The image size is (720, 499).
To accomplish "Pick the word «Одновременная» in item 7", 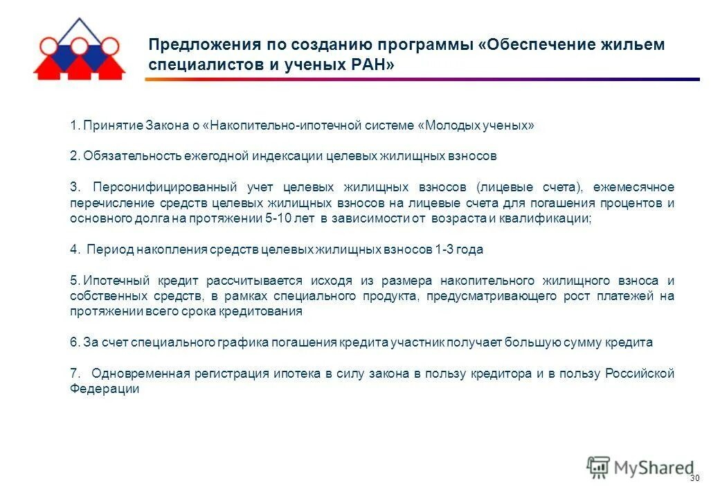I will point(141,374).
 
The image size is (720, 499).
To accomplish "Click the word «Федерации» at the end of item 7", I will point(105,389).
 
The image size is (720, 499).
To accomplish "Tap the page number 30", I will point(695,480).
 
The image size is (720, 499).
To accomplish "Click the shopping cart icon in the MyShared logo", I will point(598,468).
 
